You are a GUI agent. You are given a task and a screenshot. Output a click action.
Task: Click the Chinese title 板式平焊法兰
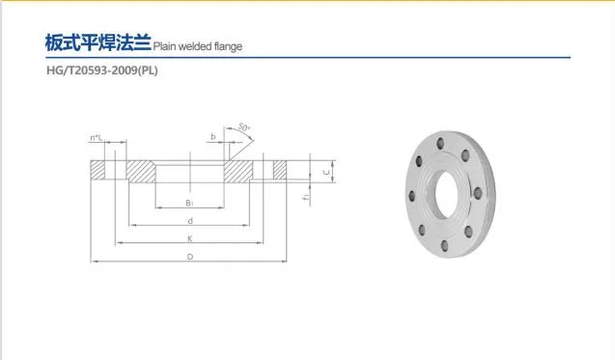[x=98, y=43]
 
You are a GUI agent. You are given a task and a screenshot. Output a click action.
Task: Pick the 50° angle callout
[x=245, y=129]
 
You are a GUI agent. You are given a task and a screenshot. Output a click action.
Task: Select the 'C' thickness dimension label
[x=325, y=172]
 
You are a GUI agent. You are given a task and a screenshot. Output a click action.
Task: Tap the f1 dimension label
[x=304, y=198]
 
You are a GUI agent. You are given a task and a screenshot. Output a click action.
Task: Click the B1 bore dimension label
[x=190, y=204]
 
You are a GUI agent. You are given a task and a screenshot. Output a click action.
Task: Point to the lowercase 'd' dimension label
[x=190, y=221]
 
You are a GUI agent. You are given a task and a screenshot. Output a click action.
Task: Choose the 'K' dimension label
[x=190, y=238]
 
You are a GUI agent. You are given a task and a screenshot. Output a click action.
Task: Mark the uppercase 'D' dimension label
[x=190, y=257]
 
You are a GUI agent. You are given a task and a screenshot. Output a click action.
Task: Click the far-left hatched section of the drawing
[x=98, y=172]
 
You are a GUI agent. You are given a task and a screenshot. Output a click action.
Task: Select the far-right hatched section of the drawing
[x=281, y=172]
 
